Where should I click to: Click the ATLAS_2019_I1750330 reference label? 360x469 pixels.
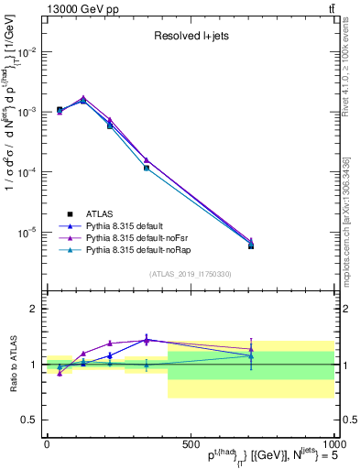(190, 273)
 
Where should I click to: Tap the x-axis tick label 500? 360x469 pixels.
(190, 442)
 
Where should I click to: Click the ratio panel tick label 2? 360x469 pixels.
(34, 310)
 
